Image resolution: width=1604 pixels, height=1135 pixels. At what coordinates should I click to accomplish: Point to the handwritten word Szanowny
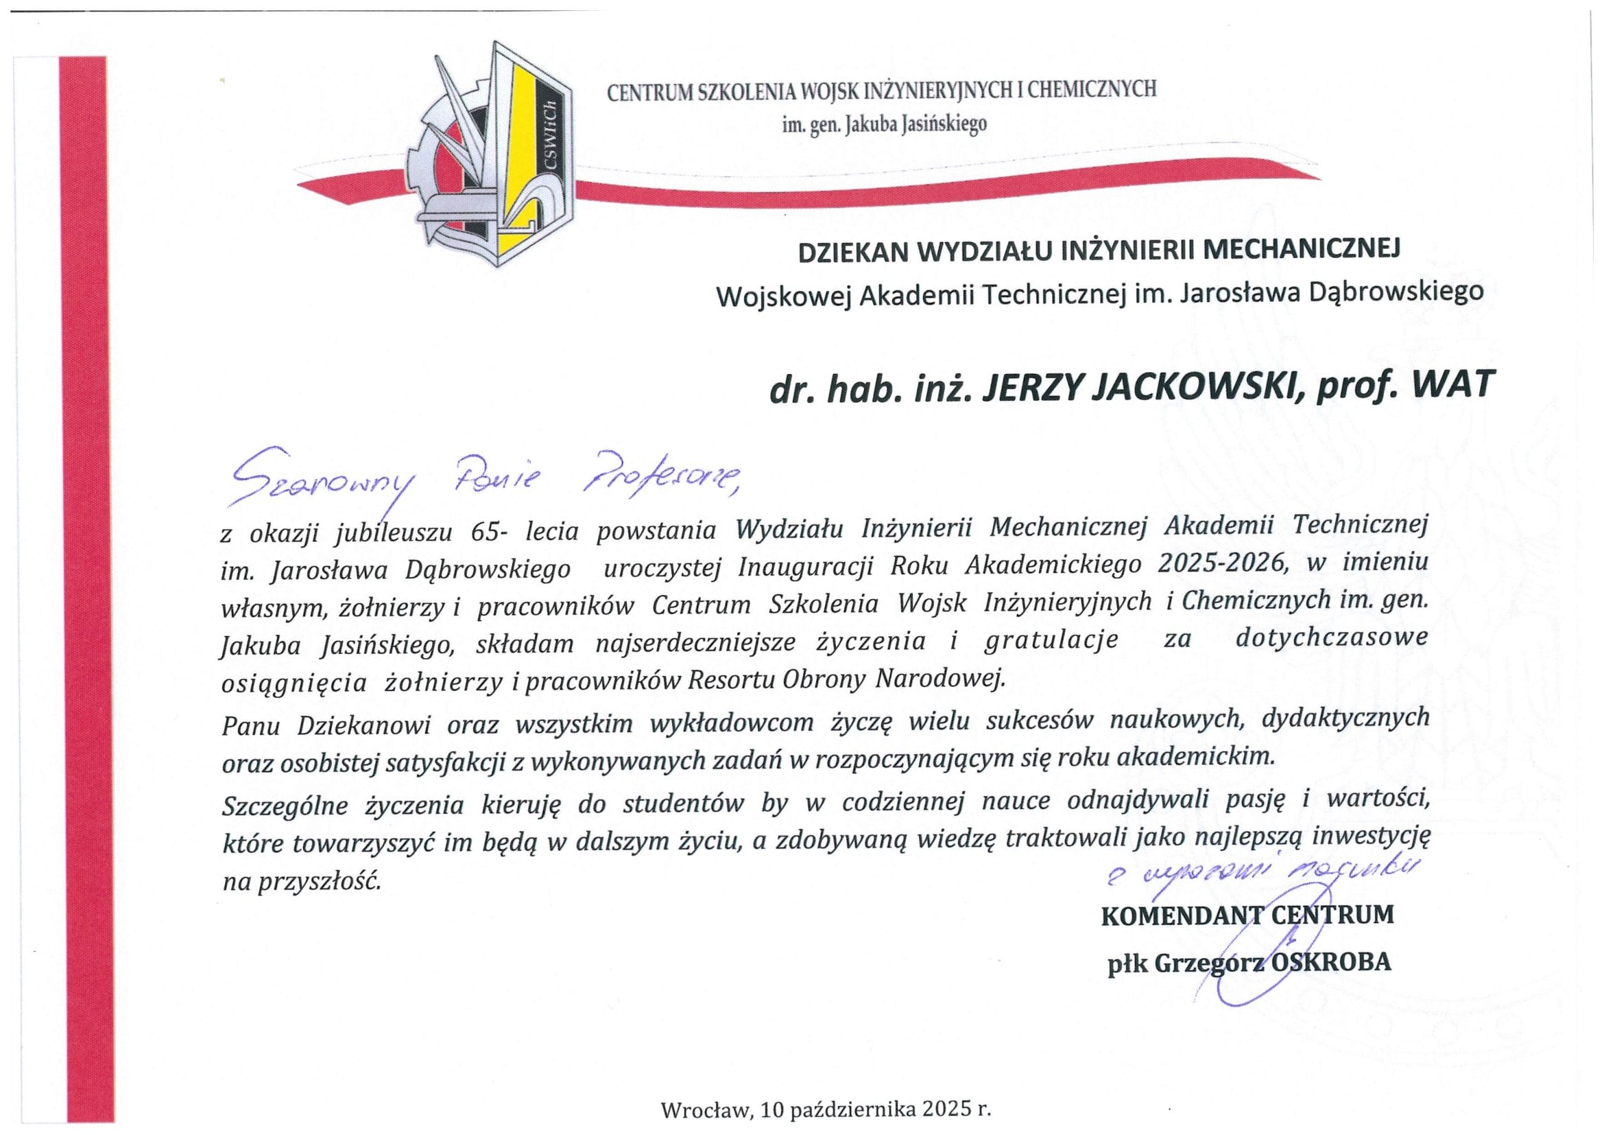[x=322, y=479]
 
